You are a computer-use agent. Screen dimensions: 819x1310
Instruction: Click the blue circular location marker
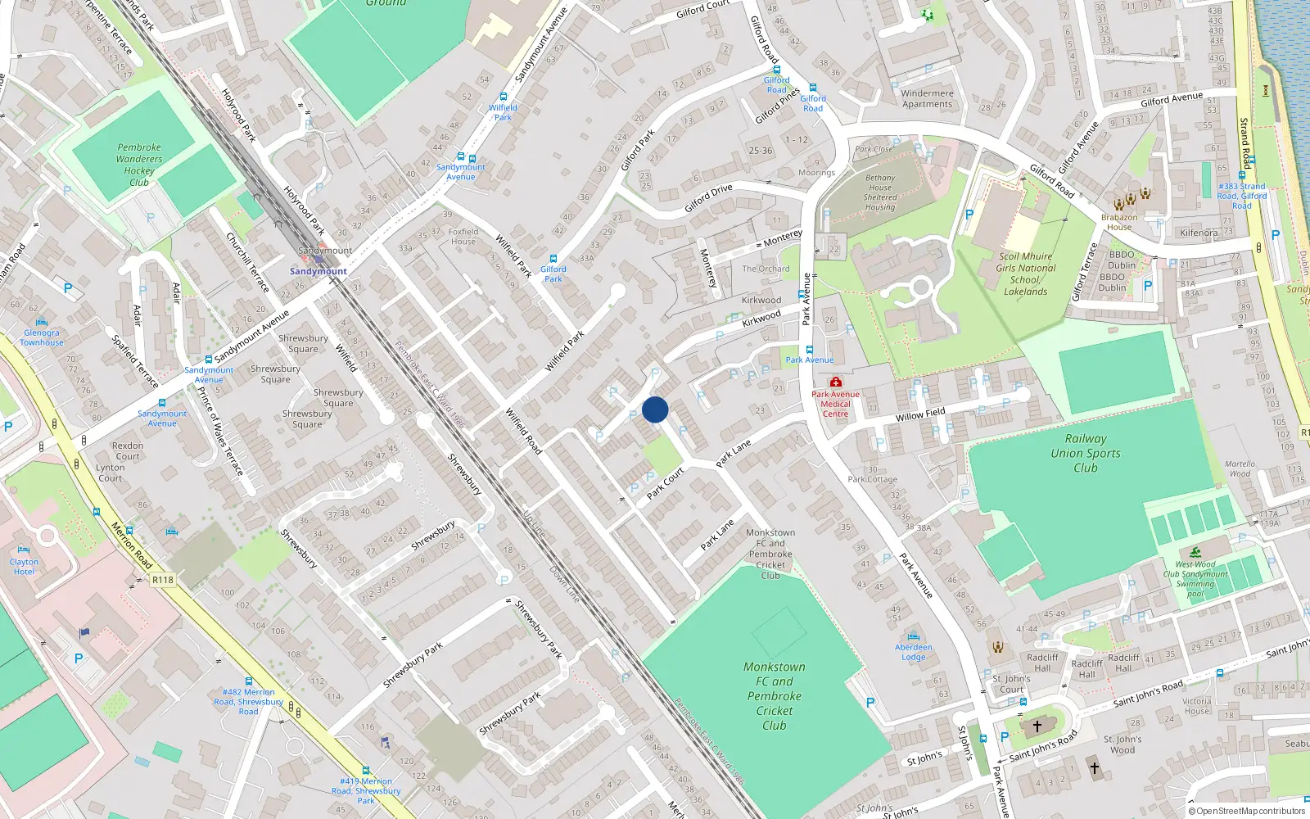(655, 409)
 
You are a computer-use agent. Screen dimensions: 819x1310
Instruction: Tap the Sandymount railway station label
(318, 271)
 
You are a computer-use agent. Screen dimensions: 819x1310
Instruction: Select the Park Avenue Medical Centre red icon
(835, 382)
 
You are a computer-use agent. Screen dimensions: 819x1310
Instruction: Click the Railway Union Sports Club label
(1086, 453)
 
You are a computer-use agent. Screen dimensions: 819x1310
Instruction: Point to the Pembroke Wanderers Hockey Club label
(139, 165)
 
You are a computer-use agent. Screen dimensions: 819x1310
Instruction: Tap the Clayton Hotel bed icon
(24, 550)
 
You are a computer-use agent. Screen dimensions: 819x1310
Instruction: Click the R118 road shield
(163, 580)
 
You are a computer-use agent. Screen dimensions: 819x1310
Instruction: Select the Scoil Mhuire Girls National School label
(1025, 274)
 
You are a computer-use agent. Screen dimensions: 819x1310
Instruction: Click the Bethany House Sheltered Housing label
(880, 192)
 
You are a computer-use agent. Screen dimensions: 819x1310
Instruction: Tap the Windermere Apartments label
(927, 98)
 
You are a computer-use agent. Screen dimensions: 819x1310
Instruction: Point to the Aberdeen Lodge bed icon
(914, 636)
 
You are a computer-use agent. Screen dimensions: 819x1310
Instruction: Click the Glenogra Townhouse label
(42, 337)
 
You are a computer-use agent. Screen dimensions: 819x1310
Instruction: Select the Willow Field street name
(920, 414)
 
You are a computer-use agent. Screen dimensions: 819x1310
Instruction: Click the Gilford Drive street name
(708, 199)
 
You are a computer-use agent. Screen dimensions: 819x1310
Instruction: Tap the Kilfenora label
(1199, 233)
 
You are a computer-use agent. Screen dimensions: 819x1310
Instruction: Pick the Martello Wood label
(1240, 468)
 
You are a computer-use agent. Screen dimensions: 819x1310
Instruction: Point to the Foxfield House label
(463, 236)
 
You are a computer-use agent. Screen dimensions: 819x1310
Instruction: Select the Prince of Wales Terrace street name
(219, 430)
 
